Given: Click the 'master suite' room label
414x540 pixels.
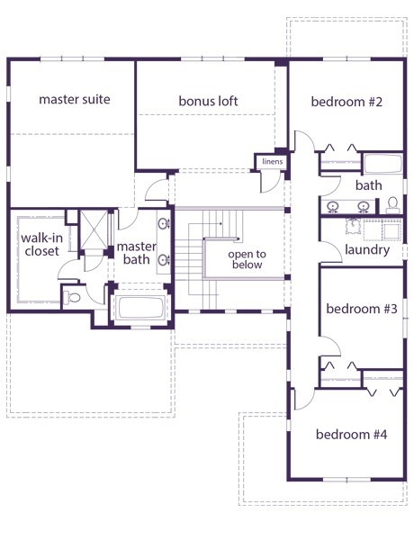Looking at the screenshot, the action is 75,100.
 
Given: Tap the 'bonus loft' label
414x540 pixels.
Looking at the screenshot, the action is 208,101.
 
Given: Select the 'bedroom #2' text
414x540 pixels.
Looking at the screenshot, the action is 346,102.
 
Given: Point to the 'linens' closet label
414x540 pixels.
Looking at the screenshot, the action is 272,161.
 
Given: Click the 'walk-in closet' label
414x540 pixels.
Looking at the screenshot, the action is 41,245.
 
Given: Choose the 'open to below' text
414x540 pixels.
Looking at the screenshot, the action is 247,259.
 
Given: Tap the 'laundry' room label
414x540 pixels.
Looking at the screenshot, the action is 367,249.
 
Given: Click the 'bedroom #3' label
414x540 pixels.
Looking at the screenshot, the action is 362,309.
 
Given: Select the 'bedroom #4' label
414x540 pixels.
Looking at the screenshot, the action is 351,435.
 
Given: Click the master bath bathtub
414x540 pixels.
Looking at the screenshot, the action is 140,307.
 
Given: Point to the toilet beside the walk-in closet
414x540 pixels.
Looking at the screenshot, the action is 71,297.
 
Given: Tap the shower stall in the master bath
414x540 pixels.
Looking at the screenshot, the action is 94,229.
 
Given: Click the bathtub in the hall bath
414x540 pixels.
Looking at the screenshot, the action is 383,164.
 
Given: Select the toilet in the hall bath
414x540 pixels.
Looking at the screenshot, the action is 392,205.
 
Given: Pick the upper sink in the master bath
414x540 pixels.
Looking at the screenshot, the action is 164,224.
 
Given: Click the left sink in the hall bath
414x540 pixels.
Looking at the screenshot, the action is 333,207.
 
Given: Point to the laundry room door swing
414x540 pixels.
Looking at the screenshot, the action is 331,251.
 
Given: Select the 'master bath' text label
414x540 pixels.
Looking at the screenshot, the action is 137,253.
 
